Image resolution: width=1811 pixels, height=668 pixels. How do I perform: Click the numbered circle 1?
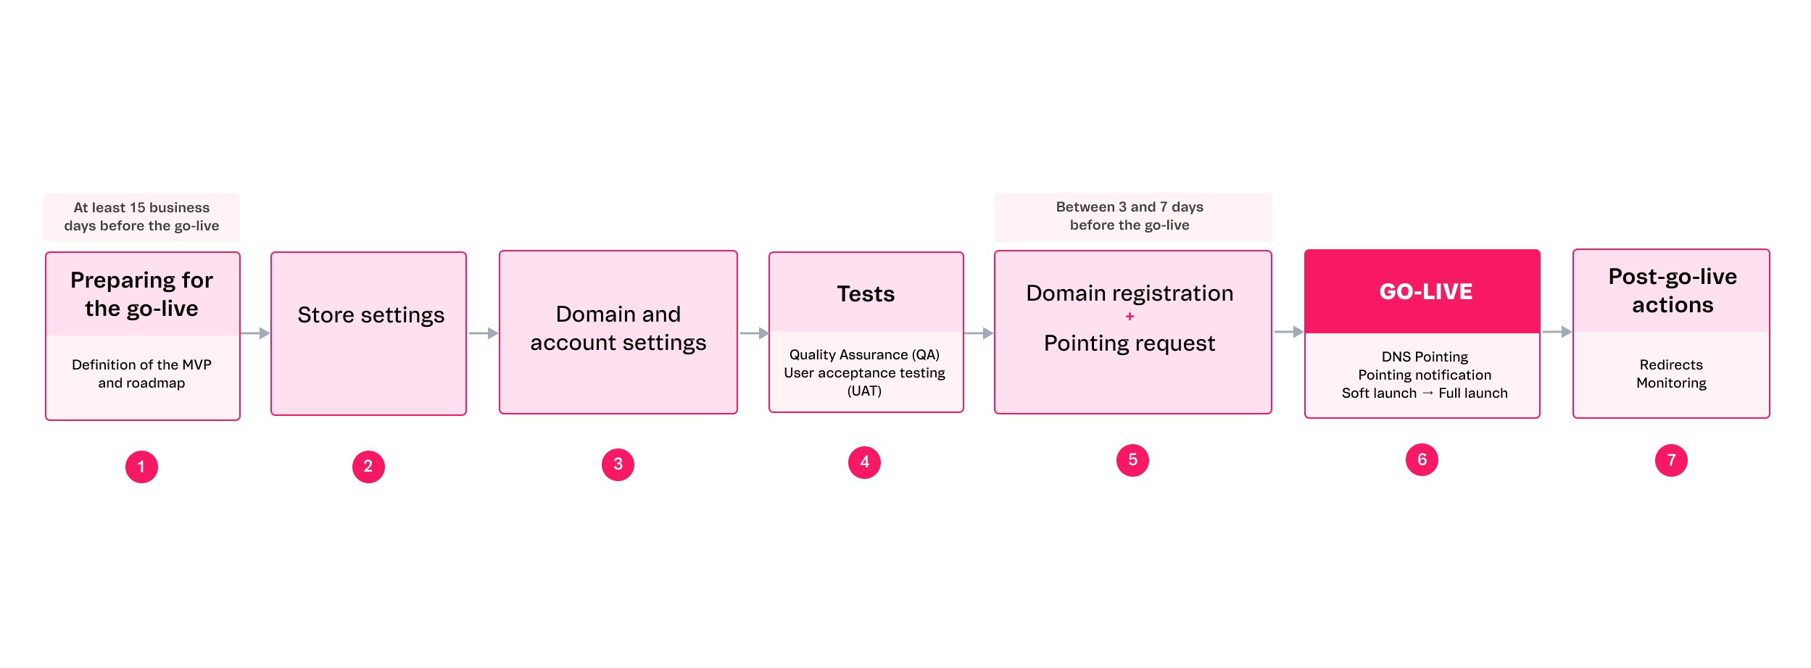coord(141,467)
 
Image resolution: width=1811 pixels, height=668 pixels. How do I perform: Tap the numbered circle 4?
coord(864,462)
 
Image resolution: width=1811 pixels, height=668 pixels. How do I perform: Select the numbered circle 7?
coord(1671,461)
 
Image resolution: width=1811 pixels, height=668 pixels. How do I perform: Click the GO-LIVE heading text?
coord(1425,291)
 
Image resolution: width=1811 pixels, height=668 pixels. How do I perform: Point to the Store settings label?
coord(370,315)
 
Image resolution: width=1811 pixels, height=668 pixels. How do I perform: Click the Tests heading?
coord(866,294)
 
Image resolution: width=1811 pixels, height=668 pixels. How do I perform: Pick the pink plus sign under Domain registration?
coord(1130,317)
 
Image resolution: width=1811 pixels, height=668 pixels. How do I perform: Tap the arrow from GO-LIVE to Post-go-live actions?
coord(1557,332)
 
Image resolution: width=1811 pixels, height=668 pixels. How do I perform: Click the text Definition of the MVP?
coord(141,364)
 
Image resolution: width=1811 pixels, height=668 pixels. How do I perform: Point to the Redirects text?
coord(1671,364)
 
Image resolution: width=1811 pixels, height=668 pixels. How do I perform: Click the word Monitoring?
coord(1671,383)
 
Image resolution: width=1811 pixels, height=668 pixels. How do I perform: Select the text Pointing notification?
coord(1425,375)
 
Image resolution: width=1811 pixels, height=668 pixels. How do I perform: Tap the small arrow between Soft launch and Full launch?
coord(1427,393)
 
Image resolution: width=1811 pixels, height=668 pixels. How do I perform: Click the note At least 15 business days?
coord(141,217)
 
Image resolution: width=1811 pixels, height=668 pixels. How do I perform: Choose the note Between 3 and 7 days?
coord(1130,216)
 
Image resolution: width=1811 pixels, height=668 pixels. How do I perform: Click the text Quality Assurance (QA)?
coord(864,354)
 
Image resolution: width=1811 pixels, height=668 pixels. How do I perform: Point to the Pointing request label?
coord(1130,343)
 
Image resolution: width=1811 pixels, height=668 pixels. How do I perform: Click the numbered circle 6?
coord(1422,460)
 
